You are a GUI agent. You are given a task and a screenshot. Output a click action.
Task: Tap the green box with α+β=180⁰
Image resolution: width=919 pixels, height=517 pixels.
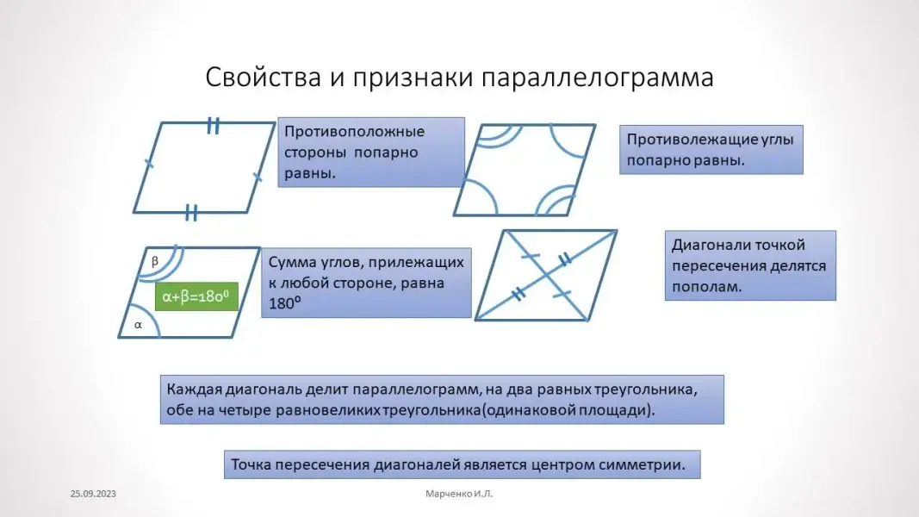(x=195, y=297)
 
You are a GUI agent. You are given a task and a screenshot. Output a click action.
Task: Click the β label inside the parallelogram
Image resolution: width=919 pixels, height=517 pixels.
(x=155, y=260)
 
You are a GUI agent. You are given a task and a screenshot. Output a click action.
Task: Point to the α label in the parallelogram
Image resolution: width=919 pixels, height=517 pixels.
(x=138, y=325)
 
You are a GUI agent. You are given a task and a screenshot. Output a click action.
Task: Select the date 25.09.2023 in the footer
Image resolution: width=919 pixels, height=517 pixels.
(x=93, y=495)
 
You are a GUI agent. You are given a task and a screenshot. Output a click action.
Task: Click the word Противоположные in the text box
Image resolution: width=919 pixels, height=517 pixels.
(x=355, y=132)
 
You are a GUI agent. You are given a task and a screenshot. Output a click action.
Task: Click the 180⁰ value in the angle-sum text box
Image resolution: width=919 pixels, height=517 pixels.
(x=284, y=303)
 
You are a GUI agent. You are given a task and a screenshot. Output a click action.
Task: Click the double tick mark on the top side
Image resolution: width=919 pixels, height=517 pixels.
(x=213, y=127)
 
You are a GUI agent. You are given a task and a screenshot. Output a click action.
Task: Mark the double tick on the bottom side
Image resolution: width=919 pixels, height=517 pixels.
(x=191, y=213)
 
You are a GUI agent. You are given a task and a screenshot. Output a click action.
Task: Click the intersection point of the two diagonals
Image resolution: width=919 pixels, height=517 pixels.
(x=546, y=275)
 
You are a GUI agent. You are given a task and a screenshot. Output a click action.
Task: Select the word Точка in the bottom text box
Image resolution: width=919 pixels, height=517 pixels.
(x=251, y=464)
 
